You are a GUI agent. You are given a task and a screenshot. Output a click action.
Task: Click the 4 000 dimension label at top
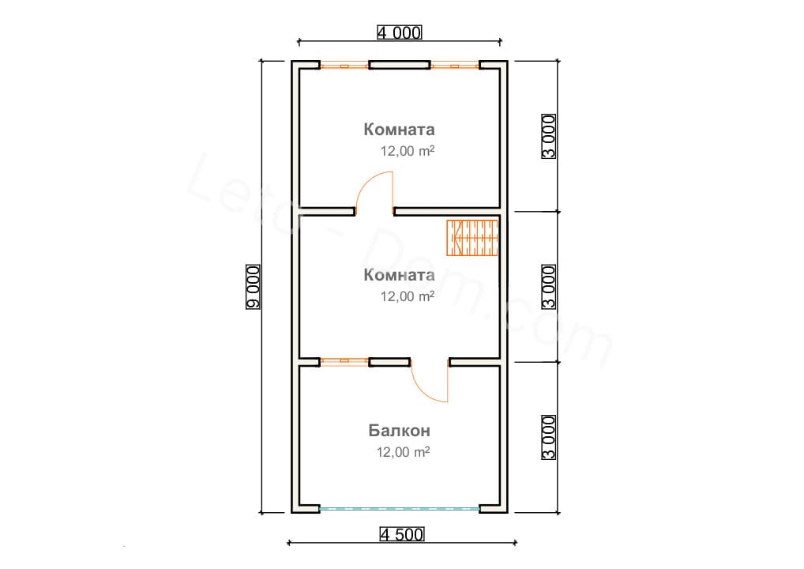pos(399,33)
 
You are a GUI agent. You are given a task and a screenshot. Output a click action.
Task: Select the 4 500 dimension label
pos(402,535)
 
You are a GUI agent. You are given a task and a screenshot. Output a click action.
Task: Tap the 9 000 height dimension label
pos(254,287)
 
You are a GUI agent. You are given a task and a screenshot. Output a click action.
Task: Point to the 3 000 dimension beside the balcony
pos(549,437)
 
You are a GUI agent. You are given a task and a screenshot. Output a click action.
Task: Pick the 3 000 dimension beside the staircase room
pos(549,287)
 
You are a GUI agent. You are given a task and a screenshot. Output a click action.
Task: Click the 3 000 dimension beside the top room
pos(549,137)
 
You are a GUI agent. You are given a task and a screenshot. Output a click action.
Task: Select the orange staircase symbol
pos(472,238)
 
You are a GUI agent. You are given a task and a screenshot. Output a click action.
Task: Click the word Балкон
pos(399,430)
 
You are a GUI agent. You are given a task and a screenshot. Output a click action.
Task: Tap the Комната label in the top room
pos(399,130)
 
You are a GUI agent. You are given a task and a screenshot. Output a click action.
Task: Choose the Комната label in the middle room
pos(399,275)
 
